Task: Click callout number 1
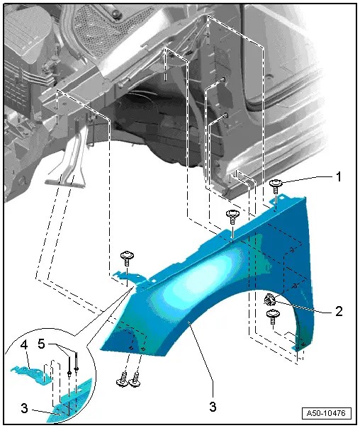[x=339, y=177]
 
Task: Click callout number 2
[x=339, y=311]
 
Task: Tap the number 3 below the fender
[x=213, y=407]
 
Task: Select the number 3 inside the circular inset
[x=24, y=409]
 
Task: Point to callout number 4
[x=24, y=345]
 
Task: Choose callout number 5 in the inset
[x=41, y=344]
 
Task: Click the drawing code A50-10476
[x=326, y=413]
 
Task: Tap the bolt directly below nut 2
[x=273, y=316]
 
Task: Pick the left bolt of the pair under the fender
[x=122, y=379]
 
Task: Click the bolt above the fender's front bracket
[x=127, y=258]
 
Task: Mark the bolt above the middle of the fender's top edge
[x=232, y=216]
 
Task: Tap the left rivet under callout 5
[x=69, y=372]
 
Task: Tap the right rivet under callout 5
[x=77, y=369]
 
